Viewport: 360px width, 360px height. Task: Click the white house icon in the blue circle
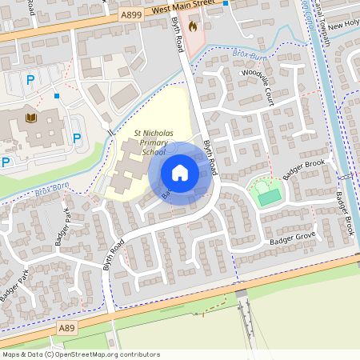pyautogui.click(x=180, y=173)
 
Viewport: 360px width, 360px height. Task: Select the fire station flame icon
pyautogui.click(x=193, y=26)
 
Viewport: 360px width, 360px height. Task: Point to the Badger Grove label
pyautogui.click(x=293, y=238)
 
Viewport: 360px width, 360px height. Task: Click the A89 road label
pyautogui.click(x=68, y=328)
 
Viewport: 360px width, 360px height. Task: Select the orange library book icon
pyautogui.click(x=31, y=118)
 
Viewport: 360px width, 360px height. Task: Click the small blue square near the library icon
pyautogui.click(x=57, y=97)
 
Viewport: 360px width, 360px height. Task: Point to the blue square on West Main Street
pyautogui.click(x=226, y=3)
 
